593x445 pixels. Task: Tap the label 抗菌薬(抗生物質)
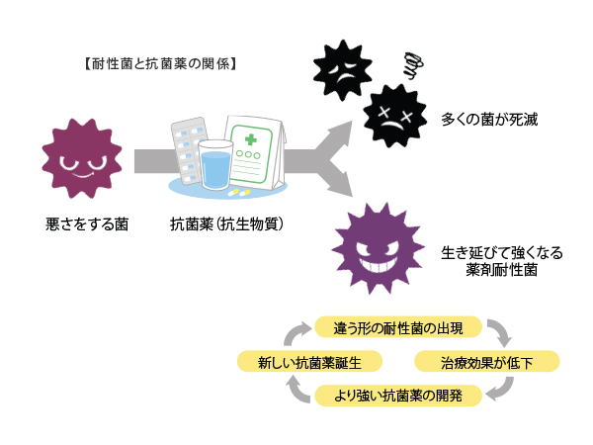(227, 224)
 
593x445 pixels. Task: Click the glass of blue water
(214, 164)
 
